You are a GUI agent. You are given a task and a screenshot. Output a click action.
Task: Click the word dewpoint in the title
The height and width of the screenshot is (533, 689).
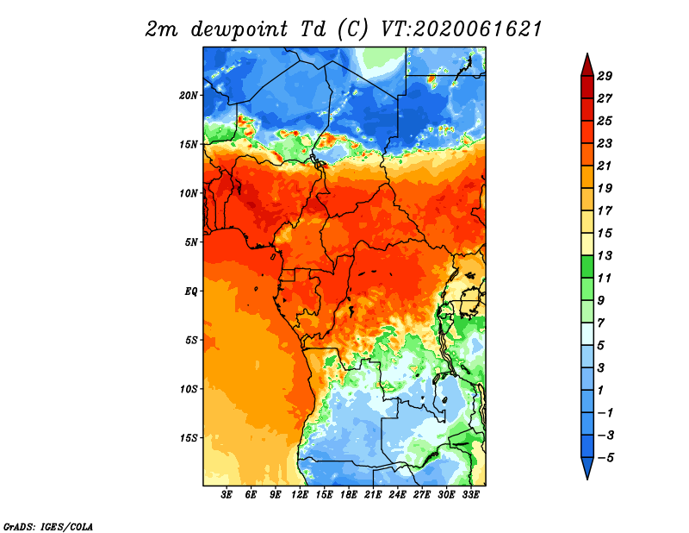coord(239,29)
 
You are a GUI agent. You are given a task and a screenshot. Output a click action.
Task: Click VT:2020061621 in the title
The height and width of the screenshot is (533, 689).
coord(462,29)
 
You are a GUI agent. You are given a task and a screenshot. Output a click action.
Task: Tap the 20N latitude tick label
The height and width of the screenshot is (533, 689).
coord(189,95)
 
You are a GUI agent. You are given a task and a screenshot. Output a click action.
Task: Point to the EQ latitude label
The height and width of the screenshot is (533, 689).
coord(191,291)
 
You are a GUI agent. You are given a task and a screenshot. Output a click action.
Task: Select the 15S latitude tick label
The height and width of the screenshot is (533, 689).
coord(189,437)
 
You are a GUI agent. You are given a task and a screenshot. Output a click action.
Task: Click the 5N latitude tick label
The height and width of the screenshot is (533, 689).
coord(191,242)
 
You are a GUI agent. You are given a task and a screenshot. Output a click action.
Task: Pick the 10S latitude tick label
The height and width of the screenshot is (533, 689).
coord(189,389)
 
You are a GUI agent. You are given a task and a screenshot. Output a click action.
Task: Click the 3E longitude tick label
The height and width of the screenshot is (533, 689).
coord(227,494)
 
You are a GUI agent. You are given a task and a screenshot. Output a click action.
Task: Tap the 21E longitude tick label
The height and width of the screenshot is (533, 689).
coord(373,494)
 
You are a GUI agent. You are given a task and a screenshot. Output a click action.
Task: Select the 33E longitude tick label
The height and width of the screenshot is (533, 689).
coord(470,494)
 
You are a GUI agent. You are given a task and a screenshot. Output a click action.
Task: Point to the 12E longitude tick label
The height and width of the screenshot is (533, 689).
coord(300,494)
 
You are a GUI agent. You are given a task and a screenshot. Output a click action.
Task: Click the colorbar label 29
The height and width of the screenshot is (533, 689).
coord(605,76)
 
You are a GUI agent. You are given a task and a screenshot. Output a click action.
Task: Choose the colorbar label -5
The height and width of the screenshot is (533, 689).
coord(605,458)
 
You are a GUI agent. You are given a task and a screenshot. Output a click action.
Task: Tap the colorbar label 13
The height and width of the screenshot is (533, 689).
coord(605,255)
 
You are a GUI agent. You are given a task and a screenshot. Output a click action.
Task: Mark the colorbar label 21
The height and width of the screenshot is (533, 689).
coord(605,166)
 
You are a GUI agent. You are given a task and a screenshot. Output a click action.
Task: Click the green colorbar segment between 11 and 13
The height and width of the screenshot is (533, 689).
coord(587,266)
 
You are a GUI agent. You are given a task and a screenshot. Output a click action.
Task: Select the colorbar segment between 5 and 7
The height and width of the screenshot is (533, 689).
coord(587,334)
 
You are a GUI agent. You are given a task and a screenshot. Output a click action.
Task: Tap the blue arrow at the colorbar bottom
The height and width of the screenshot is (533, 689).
coord(587,467)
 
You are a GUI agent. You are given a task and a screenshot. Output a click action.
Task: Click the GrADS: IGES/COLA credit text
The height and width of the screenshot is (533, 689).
coord(48,526)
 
